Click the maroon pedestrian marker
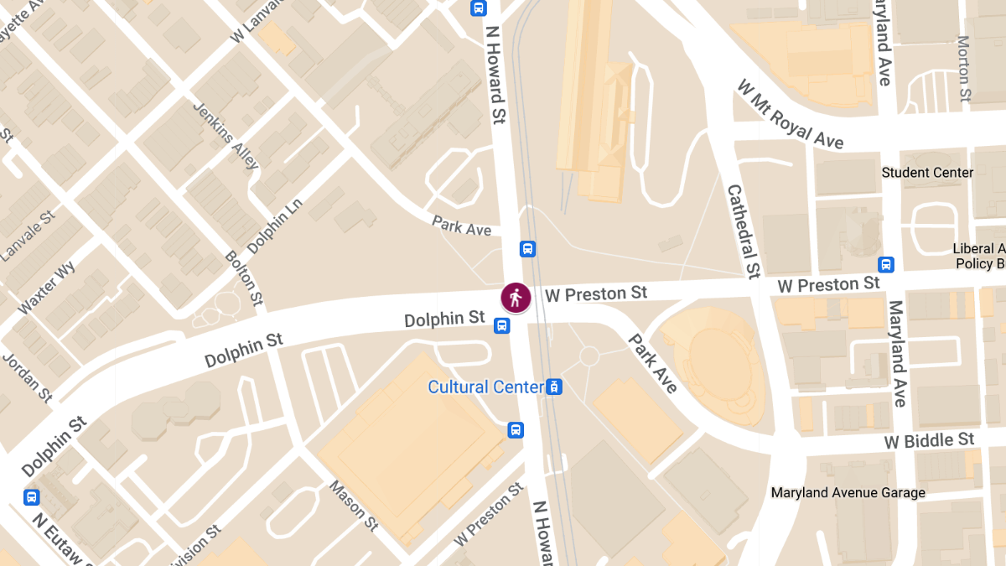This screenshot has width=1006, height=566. [516, 298]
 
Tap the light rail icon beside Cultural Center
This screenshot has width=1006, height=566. [553, 387]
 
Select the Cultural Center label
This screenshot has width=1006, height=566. [485, 387]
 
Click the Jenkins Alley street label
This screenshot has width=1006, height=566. [226, 135]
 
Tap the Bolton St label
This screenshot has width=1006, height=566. [244, 278]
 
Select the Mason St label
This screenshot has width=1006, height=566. [354, 505]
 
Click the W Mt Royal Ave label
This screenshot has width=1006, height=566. [790, 114]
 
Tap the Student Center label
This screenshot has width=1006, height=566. [927, 173]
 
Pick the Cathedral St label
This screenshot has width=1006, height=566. [744, 231]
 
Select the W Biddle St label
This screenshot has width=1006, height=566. [930, 440]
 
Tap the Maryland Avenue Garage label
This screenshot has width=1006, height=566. [848, 493]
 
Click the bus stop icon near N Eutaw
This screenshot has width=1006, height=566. [32, 496]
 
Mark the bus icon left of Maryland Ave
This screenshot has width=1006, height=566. [886, 265]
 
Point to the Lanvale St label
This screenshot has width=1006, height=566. [28, 236]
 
